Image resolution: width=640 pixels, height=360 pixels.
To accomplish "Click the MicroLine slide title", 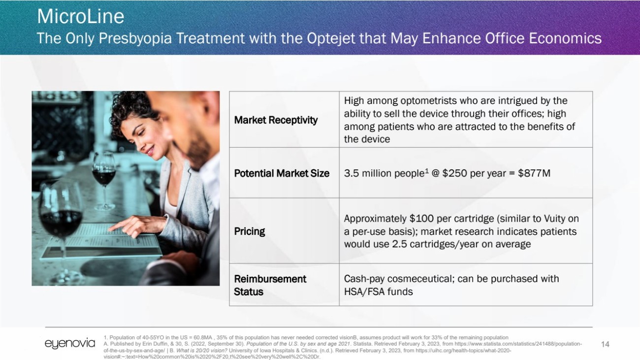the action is [x=81, y=16].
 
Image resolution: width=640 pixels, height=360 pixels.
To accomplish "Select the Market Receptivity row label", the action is [x=276, y=120].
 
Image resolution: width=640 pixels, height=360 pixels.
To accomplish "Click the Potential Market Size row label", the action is [x=282, y=173].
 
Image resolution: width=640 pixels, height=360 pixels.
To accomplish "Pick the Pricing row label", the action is [x=250, y=231].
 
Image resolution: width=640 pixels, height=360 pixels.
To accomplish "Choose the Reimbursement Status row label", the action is [x=270, y=285].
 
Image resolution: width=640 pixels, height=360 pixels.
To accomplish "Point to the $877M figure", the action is [x=534, y=173].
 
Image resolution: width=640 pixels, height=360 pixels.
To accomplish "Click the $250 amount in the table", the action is [x=454, y=173].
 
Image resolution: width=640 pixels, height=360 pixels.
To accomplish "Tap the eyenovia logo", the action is [x=70, y=343].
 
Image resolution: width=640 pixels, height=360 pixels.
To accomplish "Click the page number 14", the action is [x=605, y=344].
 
